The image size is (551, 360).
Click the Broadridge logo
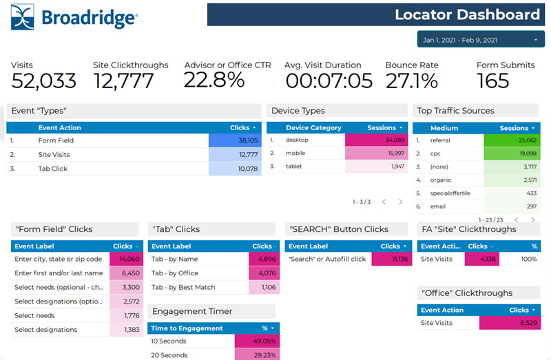click(74, 17)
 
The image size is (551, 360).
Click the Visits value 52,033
click(43, 81)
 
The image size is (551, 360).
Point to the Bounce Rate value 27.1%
click(411, 81)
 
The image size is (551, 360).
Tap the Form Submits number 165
click(493, 81)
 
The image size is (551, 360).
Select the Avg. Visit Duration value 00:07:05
click(329, 81)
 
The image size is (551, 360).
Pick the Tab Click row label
click(53, 169)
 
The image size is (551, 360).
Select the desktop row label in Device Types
click(297, 140)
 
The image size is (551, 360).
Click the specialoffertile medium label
click(450, 193)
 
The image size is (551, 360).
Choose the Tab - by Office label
click(174, 273)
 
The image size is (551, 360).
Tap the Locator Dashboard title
click(467, 14)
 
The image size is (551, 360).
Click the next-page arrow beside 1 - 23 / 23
click(533, 220)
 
